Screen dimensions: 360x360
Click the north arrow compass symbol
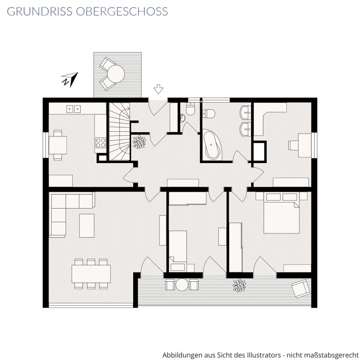coord(70,80)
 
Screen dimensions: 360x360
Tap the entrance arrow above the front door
coord(158,89)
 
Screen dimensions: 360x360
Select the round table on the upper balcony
coord(116,74)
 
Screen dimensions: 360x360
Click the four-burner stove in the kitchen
coord(101,142)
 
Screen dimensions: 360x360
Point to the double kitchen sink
coord(74,109)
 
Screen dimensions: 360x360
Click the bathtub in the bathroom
coord(212,145)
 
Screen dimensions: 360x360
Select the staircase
coord(120,132)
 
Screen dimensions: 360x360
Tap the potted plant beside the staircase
coord(139,142)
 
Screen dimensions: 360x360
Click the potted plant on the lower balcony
coord(239,285)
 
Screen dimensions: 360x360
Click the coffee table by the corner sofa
coord(87,225)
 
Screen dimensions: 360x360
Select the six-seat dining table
coord(91,274)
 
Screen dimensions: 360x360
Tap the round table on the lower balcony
coord(182,285)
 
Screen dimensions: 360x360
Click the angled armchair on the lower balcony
coord(301,288)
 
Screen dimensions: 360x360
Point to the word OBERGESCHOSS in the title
coord(122,11)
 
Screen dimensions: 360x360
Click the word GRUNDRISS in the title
coord(39,11)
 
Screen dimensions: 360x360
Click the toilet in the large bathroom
coord(209,113)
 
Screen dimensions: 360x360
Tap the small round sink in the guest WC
coord(183,118)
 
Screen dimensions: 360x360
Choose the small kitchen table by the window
coord(58,145)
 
